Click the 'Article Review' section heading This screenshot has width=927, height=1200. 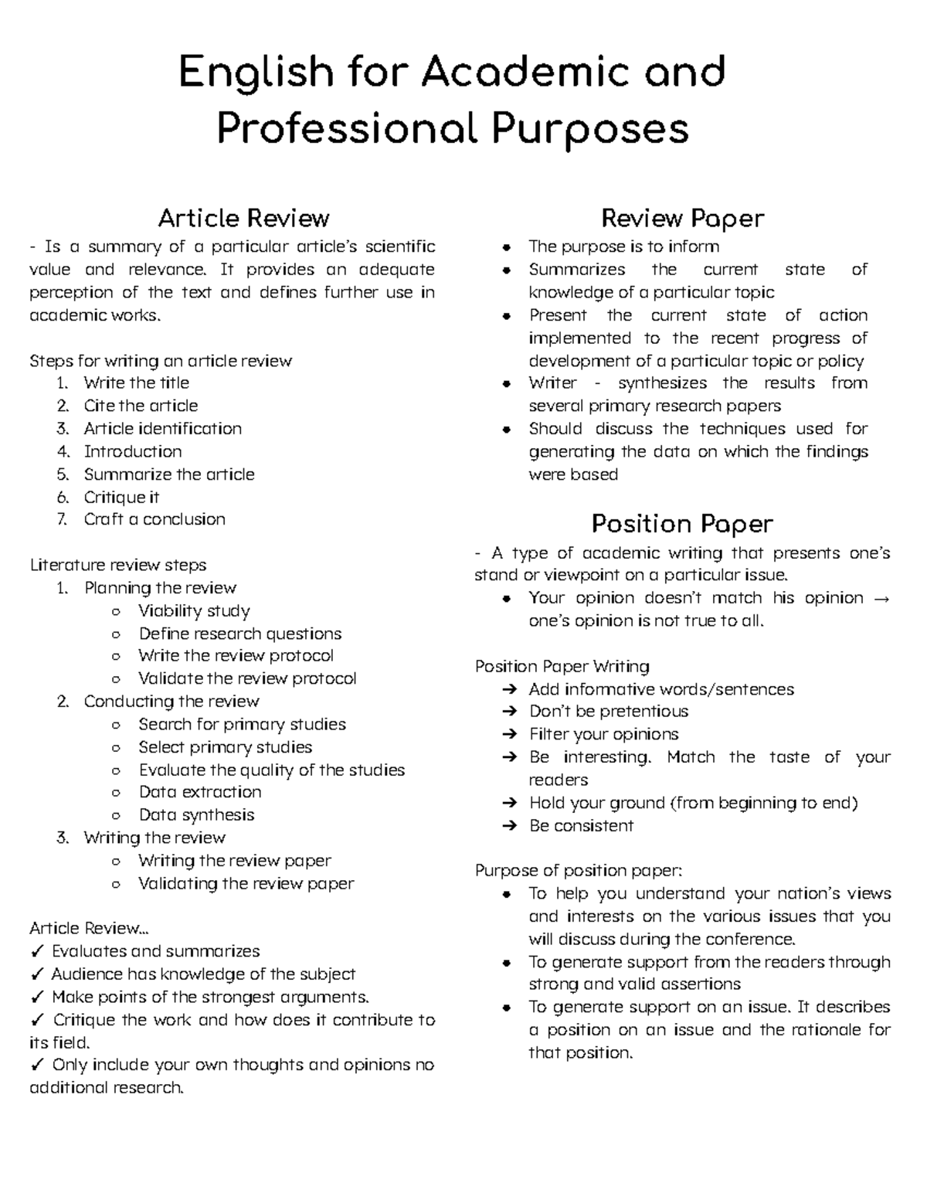pos(243,219)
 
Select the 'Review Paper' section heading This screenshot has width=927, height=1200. pos(682,219)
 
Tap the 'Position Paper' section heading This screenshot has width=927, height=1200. pos(682,524)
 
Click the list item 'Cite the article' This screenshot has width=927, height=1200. pos(141,406)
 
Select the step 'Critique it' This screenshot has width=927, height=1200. pos(121,497)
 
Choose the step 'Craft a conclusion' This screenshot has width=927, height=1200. pos(154,519)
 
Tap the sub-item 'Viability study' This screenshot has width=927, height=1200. pos(194,610)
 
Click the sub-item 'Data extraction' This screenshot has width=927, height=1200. pos(200,792)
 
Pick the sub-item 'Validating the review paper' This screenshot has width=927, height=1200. pos(246,883)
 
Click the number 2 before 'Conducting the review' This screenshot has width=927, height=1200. pos(63,702)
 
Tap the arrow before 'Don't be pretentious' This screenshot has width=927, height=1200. pos(509,712)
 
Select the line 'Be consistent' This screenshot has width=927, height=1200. pos(581,825)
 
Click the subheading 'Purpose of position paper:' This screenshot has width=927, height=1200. pos(579,870)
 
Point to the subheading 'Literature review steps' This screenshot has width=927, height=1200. pos(117,565)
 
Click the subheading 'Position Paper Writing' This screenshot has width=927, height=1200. pos(562,666)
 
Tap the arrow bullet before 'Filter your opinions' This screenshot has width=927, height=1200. pos(509,734)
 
